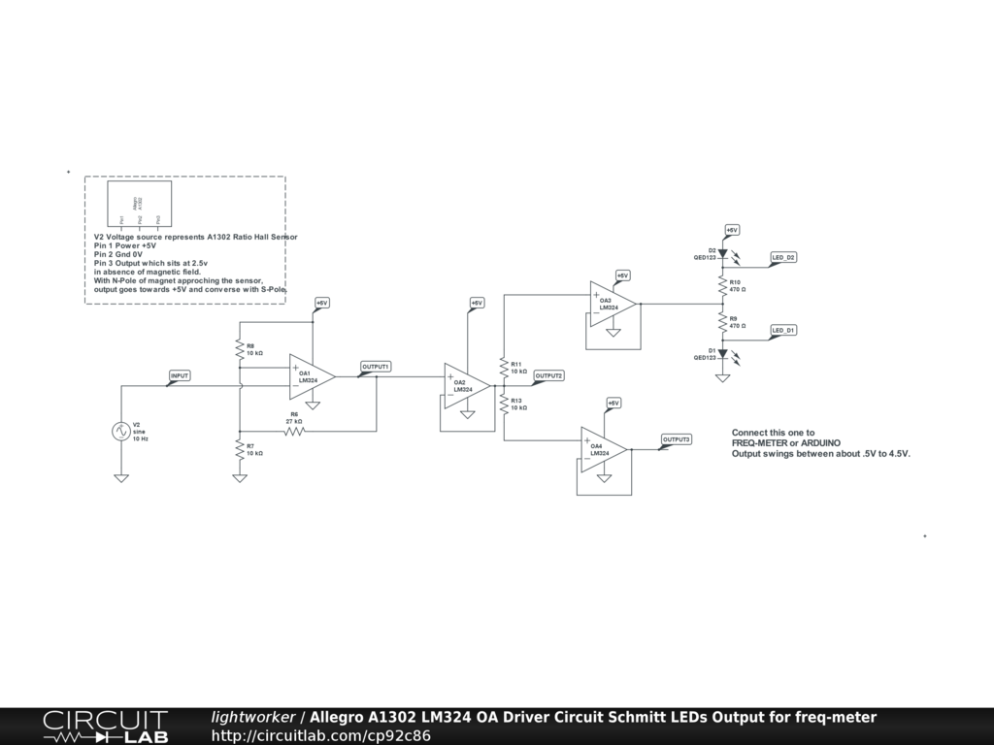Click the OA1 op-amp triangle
coord(311,376)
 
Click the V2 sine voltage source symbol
coord(122,432)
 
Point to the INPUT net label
coord(180,375)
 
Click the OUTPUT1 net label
coord(376,367)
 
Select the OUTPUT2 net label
coord(548,375)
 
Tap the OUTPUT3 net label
coord(677,439)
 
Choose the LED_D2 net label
coord(783,257)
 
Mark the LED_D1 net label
coord(783,331)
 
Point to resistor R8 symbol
coord(239,348)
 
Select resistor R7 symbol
coord(239,448)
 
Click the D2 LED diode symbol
coord(722,254)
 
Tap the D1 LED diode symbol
coord(722,354)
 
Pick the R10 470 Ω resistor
coord(722,285)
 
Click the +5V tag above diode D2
coord(732,230)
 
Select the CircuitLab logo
coord(105,727)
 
